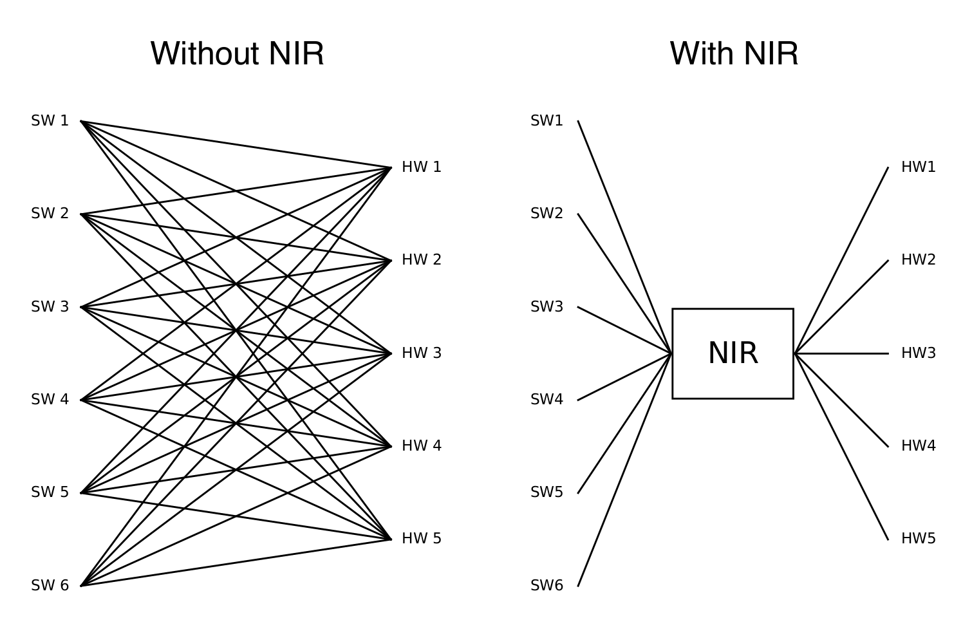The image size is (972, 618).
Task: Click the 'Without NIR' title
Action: (x=237, y=53)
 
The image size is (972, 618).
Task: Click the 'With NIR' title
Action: (x=734, y=53)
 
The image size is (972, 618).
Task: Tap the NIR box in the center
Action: (x=733, y=353)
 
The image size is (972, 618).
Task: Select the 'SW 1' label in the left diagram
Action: (x=50, y=121)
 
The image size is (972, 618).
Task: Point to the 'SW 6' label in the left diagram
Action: (x=50, y=586)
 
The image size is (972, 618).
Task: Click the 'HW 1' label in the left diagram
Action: (x=422, y=167)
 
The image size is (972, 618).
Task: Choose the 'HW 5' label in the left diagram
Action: (x=422, y=539)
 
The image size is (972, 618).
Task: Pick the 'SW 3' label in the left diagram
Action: (x=50, y=307)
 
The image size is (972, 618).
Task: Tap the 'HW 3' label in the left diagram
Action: (x=422, y=353)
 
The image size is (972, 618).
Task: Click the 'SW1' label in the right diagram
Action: (x=547, y=121)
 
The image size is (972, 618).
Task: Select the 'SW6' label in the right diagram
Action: (x=547, y=586)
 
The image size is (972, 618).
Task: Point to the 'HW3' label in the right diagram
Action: (x=918, y=353)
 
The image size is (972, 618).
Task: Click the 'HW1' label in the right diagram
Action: (x=918, y=167)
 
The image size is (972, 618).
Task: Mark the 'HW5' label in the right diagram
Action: (x=918, y=539)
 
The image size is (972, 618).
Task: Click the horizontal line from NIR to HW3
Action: (x=843, y=353)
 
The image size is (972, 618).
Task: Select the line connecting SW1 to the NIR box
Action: (x=624, y=236)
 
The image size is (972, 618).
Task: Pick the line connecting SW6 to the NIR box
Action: (x=624, y=470)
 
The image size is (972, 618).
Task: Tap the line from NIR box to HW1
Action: (x=841, y=261)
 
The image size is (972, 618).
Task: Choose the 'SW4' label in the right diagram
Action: (x=547, y=400)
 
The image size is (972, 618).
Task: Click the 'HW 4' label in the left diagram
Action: (x=422, y=446)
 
